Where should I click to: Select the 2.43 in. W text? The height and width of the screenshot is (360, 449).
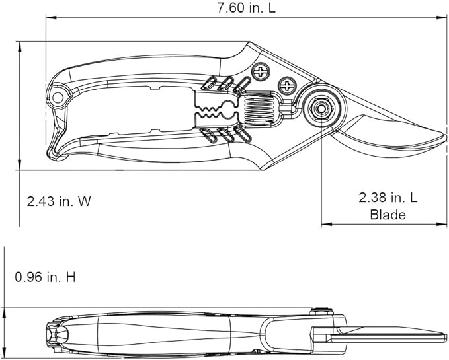[59, 201]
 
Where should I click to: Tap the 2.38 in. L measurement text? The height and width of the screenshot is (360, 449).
[388, 197]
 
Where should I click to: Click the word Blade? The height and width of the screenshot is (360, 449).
[388, 214]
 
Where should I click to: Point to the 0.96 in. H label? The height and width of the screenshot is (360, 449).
[45, 277]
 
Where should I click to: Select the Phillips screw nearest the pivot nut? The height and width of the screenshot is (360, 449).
[288, 85]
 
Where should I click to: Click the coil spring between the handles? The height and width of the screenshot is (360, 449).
[259, 107]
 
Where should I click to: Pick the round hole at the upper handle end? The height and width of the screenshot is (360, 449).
[58, 98]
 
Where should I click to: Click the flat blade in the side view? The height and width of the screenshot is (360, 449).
[390, 331]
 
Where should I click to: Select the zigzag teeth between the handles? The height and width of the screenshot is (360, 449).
[216, 108]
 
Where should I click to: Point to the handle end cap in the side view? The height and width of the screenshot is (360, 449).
[56, 335]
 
